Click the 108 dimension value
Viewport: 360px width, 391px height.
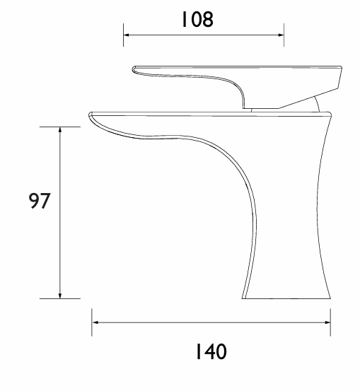pos(197,19)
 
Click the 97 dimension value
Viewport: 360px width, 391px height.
pos(40,201)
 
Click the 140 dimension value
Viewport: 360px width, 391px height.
pos(211,351)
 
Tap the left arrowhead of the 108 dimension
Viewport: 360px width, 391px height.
pos(126,35)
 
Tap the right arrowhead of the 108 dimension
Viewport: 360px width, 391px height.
pos(281,35)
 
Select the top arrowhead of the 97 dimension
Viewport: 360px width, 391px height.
pos(60,129)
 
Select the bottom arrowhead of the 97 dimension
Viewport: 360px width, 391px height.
pos(60,296)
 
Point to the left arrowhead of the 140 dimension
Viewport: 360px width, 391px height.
pos(95,322)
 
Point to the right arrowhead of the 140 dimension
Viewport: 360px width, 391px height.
pos(327,322)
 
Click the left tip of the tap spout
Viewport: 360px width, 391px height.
pos(89,115)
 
